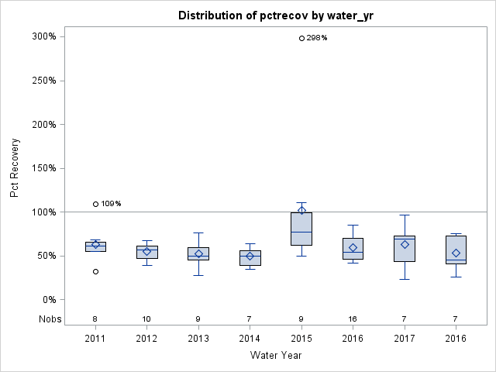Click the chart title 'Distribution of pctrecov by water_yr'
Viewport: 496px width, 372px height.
click(x=274, y=15)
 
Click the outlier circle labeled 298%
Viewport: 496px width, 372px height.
click(x=301, y=38)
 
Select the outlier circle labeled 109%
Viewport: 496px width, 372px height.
click(x=95, y=204)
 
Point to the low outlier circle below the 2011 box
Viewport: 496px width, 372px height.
click(x=95, y=271)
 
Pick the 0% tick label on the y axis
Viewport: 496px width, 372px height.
click(x=49, y=299)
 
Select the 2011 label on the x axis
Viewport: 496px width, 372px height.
click(x=95, y=339)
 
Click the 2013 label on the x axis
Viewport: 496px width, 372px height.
click(x=198, y=339)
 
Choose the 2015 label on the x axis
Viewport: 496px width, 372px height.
click(x=301, y=339)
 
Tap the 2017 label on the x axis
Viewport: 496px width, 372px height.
click(x=405, y=339)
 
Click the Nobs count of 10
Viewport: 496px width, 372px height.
click(x=146, y=319)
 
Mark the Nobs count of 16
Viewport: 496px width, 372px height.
click(x=353, y=319)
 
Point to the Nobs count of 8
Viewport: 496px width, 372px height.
click(x=95, y=319)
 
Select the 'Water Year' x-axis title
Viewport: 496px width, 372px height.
click(x=275, y=356)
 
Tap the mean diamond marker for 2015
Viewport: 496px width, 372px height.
click(x=301, y=211)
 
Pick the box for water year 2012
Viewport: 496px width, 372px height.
click(x=146, y=252)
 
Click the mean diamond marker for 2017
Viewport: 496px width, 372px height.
click(x=405, y=244)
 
